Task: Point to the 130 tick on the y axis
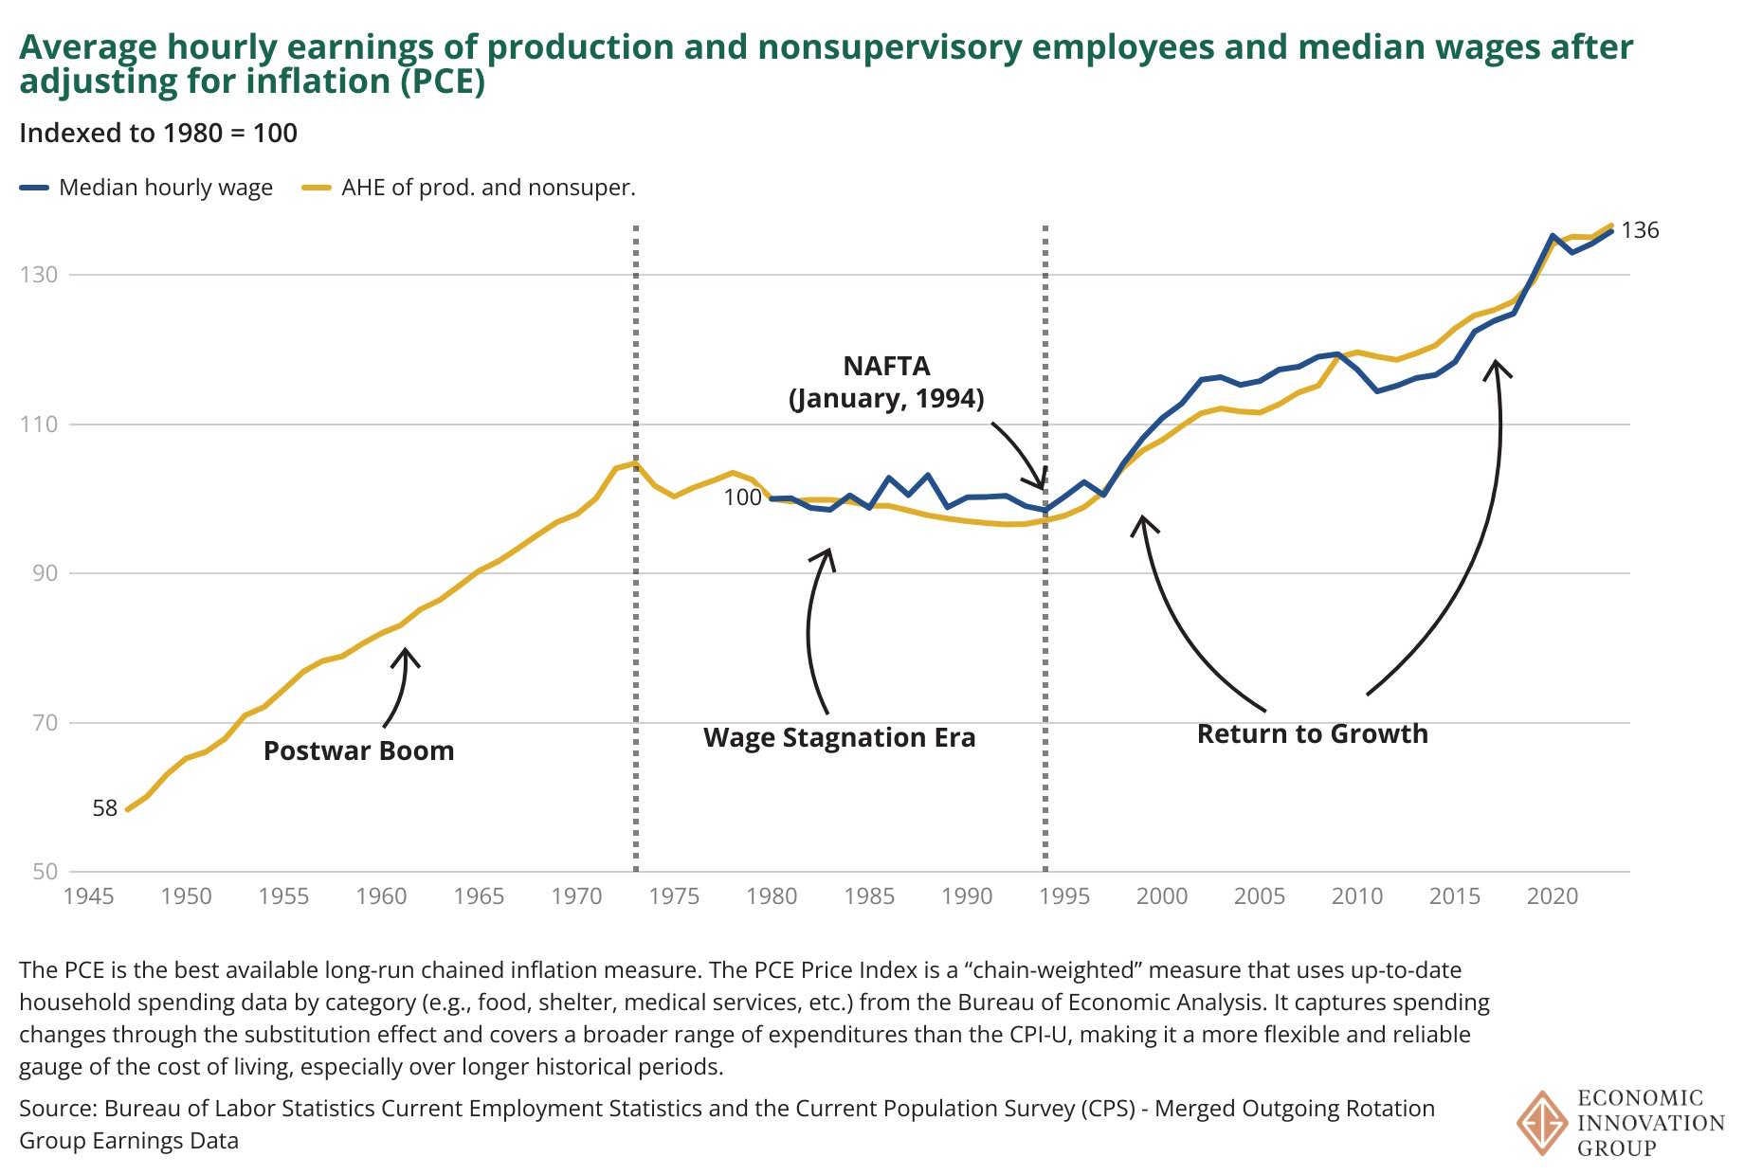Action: pyautogui.click(x=39, y=275)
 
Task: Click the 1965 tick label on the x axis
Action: pyautogui.click(x=479, y=896)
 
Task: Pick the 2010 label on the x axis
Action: pyautogui.click(x=1356, y=896)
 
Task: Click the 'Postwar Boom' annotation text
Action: pyautogui.click(x=358, y=751)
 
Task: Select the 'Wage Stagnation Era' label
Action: pyautogui.click(x=839, y=738)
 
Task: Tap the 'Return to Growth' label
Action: pyautogui.click(x=1312, y=734)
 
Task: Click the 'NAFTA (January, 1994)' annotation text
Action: pyautogui.click(x=886, y=382)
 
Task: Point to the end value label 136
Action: pyautogui.click(x=1640, y=230)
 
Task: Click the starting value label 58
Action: pyautogui.click(x=104, y=808)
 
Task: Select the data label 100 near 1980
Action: pyautogui.click(x=742, y=497)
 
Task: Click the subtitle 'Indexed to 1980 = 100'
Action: pyautogui.click(x=158, y=133)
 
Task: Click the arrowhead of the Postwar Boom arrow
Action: pyautogui.click(x=406, y=652)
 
